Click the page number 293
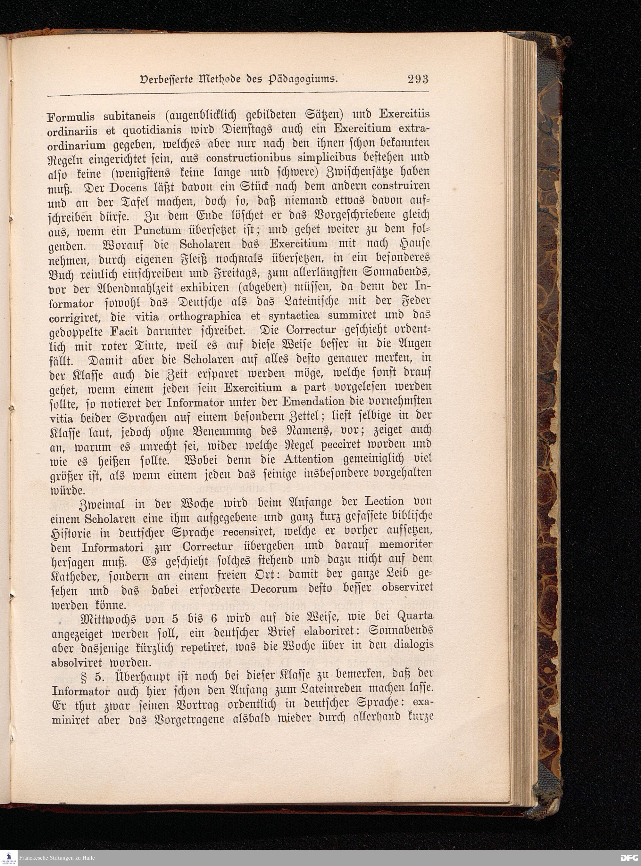[x=418, y=79]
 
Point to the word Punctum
[x=157, y=230]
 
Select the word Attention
[x=308, y=459]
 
